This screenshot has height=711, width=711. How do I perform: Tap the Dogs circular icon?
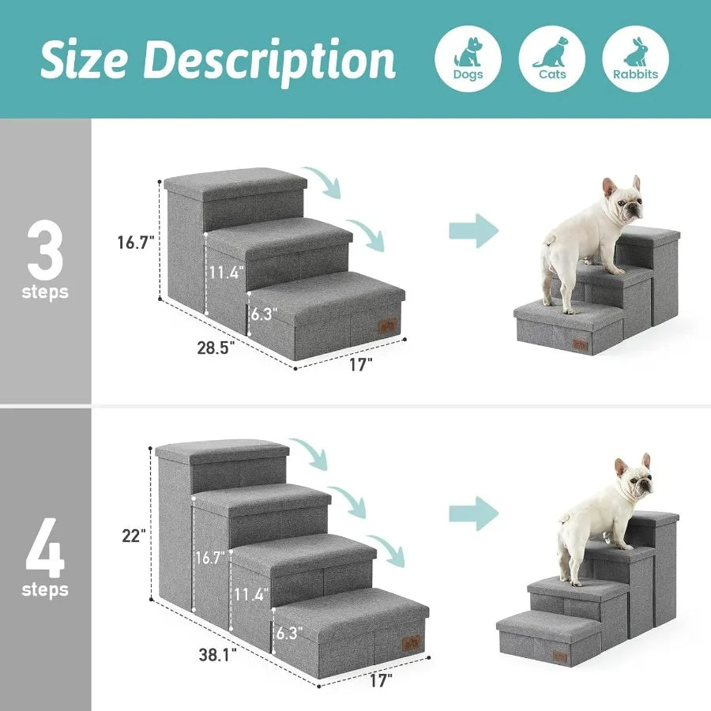point(468,58)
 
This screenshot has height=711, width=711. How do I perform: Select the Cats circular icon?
point(551,58)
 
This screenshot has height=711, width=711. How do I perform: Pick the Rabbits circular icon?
point(635,58)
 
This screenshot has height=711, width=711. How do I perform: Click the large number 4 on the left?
point(45,546)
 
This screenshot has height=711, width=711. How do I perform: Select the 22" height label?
point(134,536)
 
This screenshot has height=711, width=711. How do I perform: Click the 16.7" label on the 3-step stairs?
point(135,243)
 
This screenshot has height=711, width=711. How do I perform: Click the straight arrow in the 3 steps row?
point(474,231)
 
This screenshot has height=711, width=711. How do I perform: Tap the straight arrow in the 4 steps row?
point(474,515)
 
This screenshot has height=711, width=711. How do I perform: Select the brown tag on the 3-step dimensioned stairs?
point(386,325)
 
